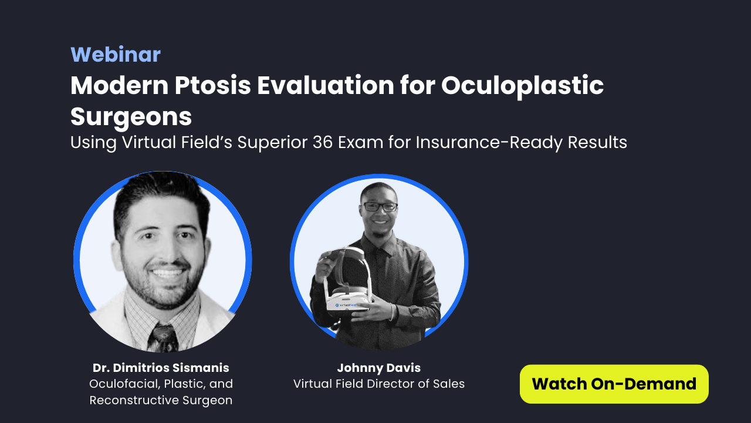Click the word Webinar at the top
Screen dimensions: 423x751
click(x=116, y=55)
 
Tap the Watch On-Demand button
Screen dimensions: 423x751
click(x=614, y=384)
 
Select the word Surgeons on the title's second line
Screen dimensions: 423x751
click(x=131, y=116)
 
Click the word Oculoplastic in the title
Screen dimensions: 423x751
click(x=522, y=86)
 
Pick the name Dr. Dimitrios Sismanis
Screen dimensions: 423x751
click(x=161, y=368)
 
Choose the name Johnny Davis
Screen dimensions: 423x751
click(x=378, y=368)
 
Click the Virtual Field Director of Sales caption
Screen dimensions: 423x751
click(x=378, y=384)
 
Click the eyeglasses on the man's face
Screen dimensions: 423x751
click(x=380, y=207)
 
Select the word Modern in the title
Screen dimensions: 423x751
click(x=117, y=86)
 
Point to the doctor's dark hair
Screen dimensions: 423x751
click(x=161, y=194)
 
